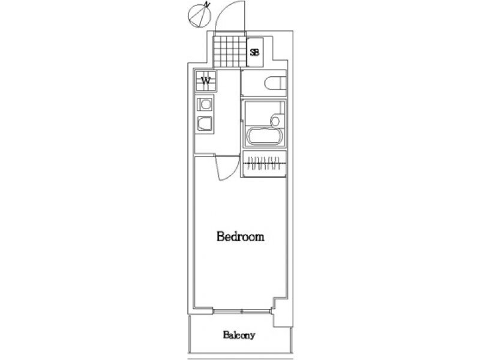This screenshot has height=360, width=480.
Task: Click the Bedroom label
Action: pos(241,236)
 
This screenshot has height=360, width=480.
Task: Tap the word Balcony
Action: pos(239,335)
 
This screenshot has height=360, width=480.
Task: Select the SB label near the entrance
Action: pos(254,52)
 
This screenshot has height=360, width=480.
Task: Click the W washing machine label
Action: pos(206,81)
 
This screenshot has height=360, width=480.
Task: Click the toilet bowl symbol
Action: pos(275,83)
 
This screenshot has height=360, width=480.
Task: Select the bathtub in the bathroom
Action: pos(265,137)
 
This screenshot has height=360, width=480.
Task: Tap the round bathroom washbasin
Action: pos(275,121)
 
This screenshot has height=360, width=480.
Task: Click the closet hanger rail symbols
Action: pos(263,163)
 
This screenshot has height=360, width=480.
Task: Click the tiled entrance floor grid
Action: pos(230,52)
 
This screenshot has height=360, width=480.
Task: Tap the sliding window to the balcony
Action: pos(242,311)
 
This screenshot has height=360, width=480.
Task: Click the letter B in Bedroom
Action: pos(221,236)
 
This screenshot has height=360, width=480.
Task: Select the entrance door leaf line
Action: pos(244,16)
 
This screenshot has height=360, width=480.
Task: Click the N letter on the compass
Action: pos(208,4)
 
